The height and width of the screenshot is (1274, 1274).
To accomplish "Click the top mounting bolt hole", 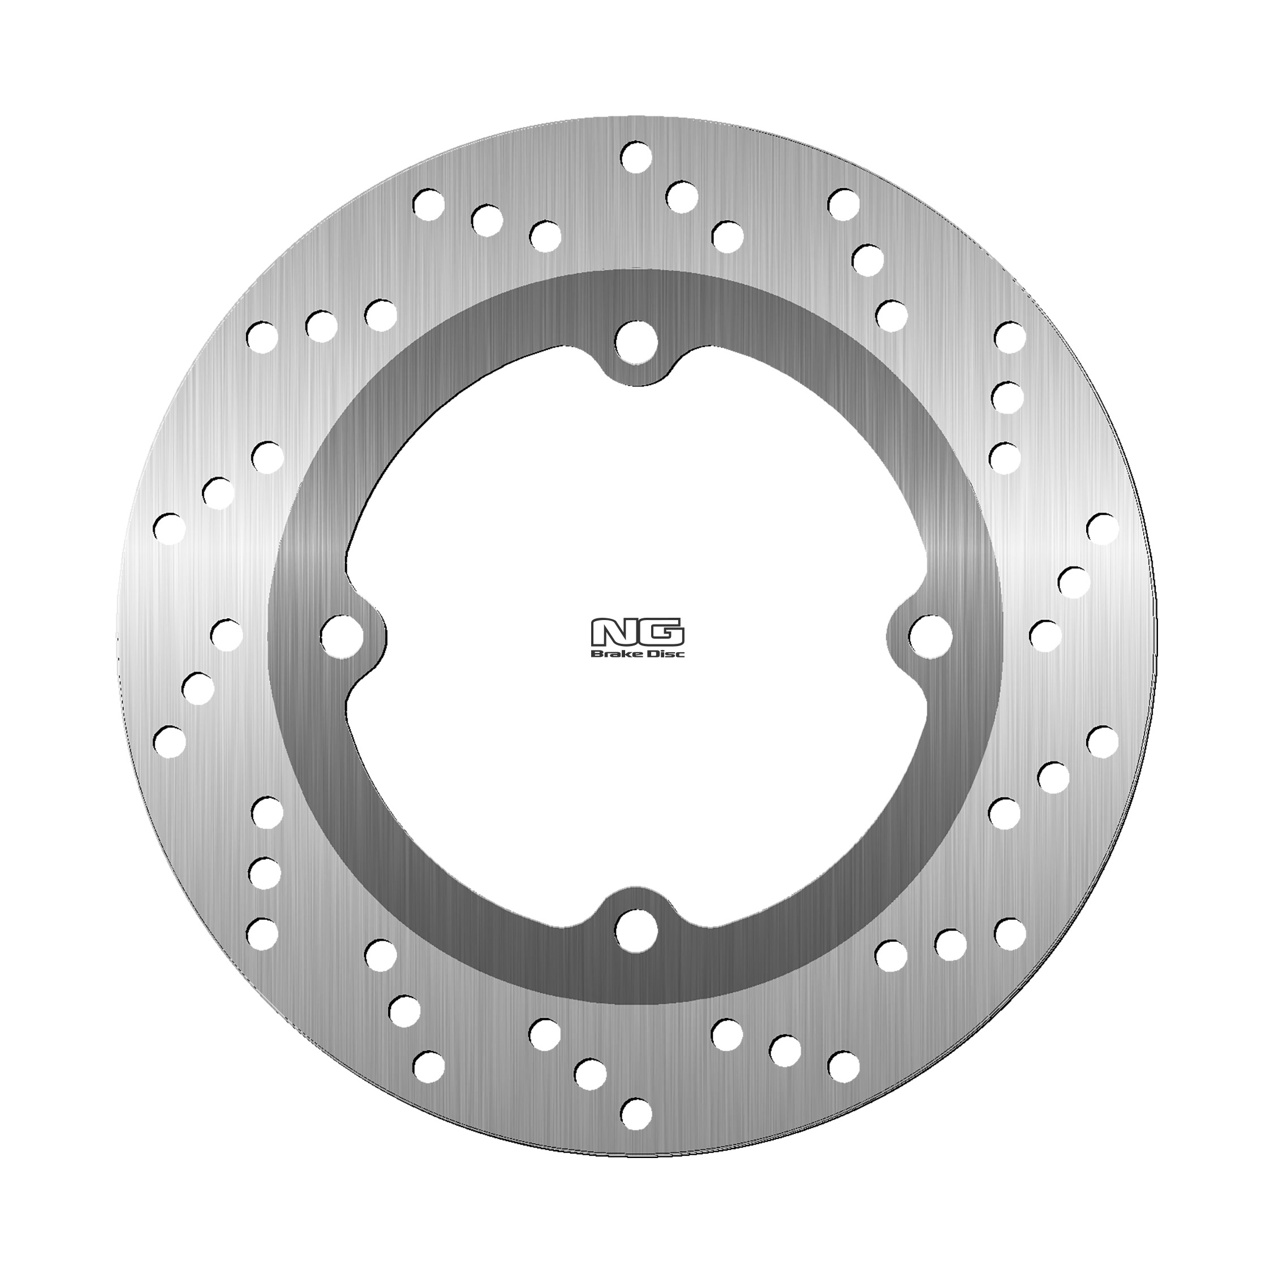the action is click(x=637, y=342).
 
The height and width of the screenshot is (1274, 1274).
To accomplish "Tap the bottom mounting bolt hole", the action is click(x=636, y=931).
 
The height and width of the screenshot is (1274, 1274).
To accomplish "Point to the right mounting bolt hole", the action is click(x=931, y=636).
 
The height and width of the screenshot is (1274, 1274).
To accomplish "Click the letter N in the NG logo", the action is click(x=613, y=633).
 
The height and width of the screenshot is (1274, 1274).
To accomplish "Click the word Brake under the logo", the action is click(x=616, y=653).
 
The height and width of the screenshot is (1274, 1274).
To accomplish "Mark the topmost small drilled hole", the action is click(x=636, y=157).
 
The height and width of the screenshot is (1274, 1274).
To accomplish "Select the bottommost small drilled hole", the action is click(x=636, y=1114).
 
